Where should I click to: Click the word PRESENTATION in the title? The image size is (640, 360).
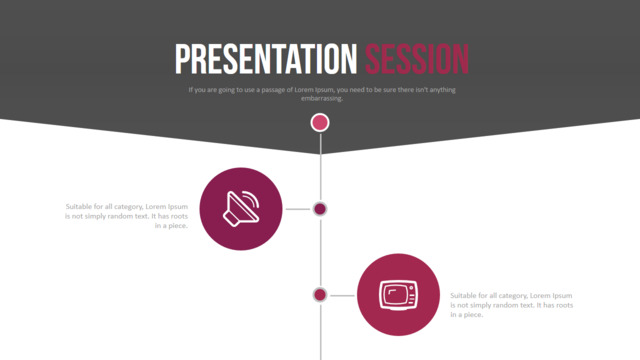click(x=266, y=59)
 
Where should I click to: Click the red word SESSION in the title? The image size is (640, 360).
click(x=417, y=59)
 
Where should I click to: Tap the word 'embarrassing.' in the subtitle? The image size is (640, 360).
click(x=322, y=98)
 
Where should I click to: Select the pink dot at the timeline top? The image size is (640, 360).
click(x=320, y=122)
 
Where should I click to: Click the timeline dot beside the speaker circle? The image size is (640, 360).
click(x=320, y=209)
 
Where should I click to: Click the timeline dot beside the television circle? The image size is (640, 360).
click(x=320, y=295)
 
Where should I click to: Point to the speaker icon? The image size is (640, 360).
click(x=241, y=209)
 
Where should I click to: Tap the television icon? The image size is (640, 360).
click(x=398, y=295)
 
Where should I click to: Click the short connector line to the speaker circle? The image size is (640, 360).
click(x=298, y=209)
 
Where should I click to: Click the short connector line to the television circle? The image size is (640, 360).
click(x=342, y=295)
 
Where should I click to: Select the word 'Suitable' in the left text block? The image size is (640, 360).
click(x=79, y=207)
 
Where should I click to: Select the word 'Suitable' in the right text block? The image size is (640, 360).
click(x=464, y=296)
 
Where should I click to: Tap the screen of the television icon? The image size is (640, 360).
click(x=395, y=295)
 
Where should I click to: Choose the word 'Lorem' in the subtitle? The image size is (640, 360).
click(x=304, y=90)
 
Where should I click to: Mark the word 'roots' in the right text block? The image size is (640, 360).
click(x=564, y=305)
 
